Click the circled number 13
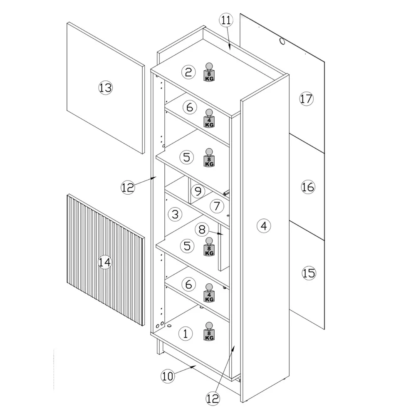(x=106, y=88)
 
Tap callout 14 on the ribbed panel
(x=106, y=262)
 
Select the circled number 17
(x=306, y=99)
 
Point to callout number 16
(x=308, y=187)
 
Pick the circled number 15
(x=309, y=273)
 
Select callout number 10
(x=168, y=376)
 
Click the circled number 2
(x=189, y=73)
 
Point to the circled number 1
(x=186, y=333)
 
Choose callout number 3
(x=175, y=214)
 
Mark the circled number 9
(x=198, y=191)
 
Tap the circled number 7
(x=216, y=205)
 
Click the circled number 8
(x=202, y=229)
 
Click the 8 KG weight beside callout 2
(x=209, y=72)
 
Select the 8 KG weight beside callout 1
(x=209, y=332)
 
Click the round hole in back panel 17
(x=282, y=41)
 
